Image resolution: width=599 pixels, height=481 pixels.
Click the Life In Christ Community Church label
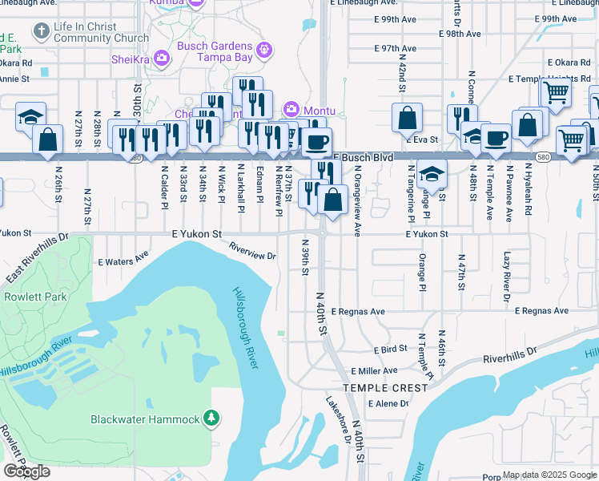point(101,32)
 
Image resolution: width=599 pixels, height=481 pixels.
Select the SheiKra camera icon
point(162,57)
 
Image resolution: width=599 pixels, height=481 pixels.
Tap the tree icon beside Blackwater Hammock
point(211,418)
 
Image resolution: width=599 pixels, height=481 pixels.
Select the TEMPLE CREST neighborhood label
point(380,388)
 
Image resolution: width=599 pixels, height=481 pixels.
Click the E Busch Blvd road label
point(363,158)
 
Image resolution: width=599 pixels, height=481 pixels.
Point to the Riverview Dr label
point(252,251)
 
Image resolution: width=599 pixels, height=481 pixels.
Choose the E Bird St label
point(391,350)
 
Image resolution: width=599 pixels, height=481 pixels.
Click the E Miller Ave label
point(374,371)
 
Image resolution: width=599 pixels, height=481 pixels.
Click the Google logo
point(27,471)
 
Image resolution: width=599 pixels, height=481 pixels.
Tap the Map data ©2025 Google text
point(549,475)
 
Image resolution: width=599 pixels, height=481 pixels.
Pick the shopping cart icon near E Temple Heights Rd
point(555,92)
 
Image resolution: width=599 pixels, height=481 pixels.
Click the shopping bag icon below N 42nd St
point(407,117)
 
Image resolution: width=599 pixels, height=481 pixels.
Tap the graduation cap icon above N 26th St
point(30,115)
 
